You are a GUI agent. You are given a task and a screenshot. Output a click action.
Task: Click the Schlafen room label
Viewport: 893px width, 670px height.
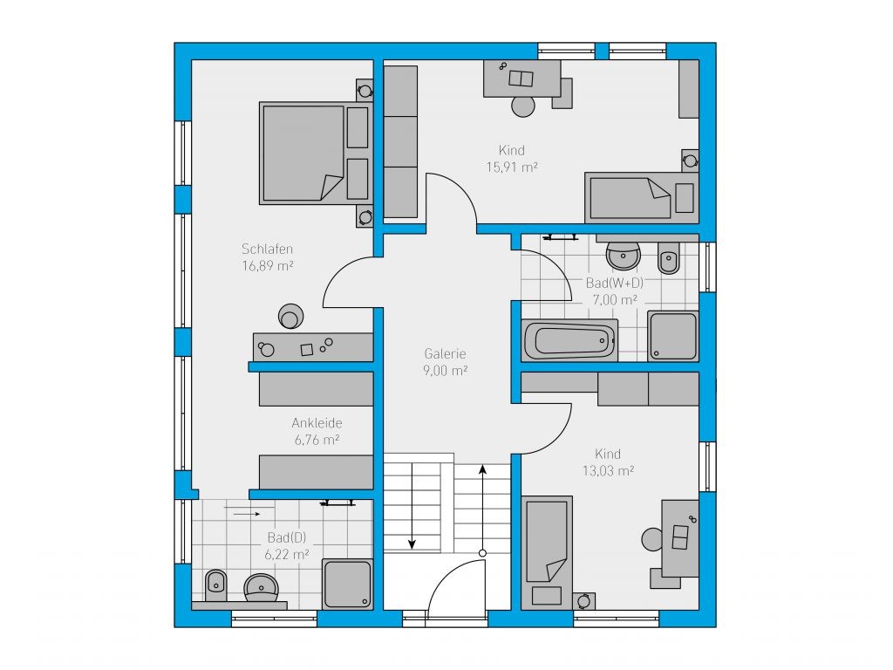[267, 249]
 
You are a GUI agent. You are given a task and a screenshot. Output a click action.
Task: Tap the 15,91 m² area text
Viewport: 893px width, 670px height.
[512, 167]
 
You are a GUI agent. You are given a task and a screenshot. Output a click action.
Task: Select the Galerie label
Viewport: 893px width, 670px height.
[445, 353]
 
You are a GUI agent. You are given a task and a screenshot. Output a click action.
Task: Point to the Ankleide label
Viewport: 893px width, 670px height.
[317, 423]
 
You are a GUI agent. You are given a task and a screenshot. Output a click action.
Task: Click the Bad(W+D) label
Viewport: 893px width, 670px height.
[615, 284]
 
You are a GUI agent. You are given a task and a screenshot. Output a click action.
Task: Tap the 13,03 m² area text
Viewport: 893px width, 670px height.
[608, 470]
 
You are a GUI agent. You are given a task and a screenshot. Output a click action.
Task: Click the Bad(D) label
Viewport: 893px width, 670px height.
[287, 537]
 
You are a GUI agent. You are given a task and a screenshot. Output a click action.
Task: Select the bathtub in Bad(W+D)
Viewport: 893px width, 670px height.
[569, 340]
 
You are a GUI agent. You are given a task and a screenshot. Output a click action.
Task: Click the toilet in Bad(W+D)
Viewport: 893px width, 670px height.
[669, 258]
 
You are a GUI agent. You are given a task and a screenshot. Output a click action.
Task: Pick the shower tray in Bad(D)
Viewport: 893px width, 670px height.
[347, 584]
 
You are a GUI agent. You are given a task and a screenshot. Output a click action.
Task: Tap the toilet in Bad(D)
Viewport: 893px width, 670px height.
[215, 585]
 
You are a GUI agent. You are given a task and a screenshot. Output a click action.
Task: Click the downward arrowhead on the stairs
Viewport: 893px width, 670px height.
[412, 544]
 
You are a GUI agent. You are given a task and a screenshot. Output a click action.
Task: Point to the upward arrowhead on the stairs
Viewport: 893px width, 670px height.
[482, 469]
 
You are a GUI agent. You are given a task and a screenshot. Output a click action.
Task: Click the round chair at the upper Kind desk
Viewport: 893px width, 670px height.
[523, 106]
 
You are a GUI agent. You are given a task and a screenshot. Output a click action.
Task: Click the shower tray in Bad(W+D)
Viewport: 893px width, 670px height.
[673, 336]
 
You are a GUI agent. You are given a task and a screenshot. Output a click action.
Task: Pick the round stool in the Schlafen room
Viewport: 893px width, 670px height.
[290, 317]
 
